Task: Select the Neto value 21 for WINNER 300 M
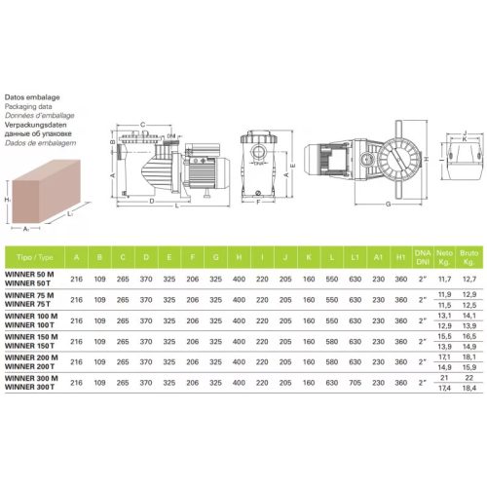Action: (445, 377)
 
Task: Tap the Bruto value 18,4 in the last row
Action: (468, 389)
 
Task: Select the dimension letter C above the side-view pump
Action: (142, 125)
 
